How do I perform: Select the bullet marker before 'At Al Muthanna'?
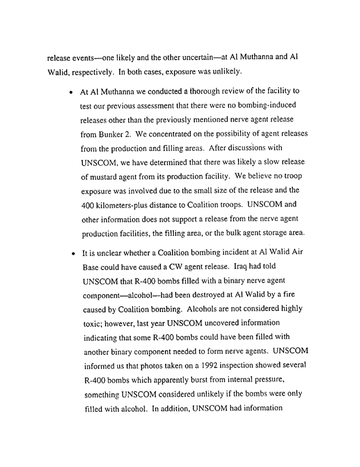pyautogui.click(x=71, y=94)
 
